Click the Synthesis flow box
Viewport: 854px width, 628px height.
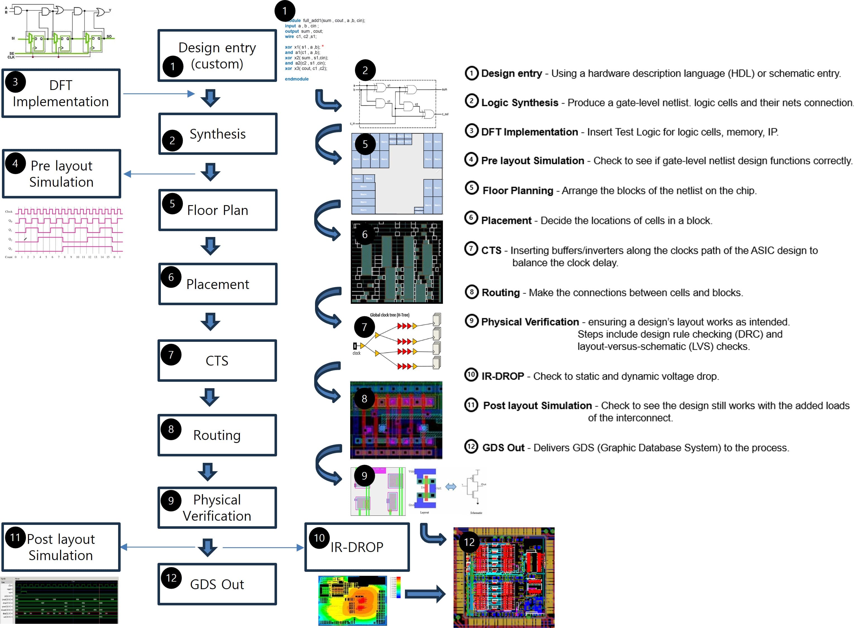pos(218,134)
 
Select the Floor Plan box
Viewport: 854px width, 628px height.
pos(218,210)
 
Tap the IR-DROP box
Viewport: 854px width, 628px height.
pos(357,547)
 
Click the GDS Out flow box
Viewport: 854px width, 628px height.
pos(217,584)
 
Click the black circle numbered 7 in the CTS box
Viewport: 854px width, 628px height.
pos(171,355)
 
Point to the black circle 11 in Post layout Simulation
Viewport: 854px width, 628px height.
pos(15,537)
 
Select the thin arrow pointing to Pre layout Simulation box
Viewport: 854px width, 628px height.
pos(159,174)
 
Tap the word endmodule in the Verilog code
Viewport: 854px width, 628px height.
pos(297,79)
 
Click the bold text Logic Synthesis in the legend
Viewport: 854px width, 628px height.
pos(520,103)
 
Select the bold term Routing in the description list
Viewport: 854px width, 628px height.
pos(500,292)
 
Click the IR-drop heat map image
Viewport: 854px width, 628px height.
pos(352,601)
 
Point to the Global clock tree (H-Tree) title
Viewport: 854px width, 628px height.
pos(389,315)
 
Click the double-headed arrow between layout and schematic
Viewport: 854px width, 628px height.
pos(450,487)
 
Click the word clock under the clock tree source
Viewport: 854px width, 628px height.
pos(356,353)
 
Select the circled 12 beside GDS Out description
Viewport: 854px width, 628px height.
pos(471,446)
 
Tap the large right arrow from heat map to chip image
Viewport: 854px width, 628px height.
pos(425,594)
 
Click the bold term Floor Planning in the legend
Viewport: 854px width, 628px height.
pos(517,190)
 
